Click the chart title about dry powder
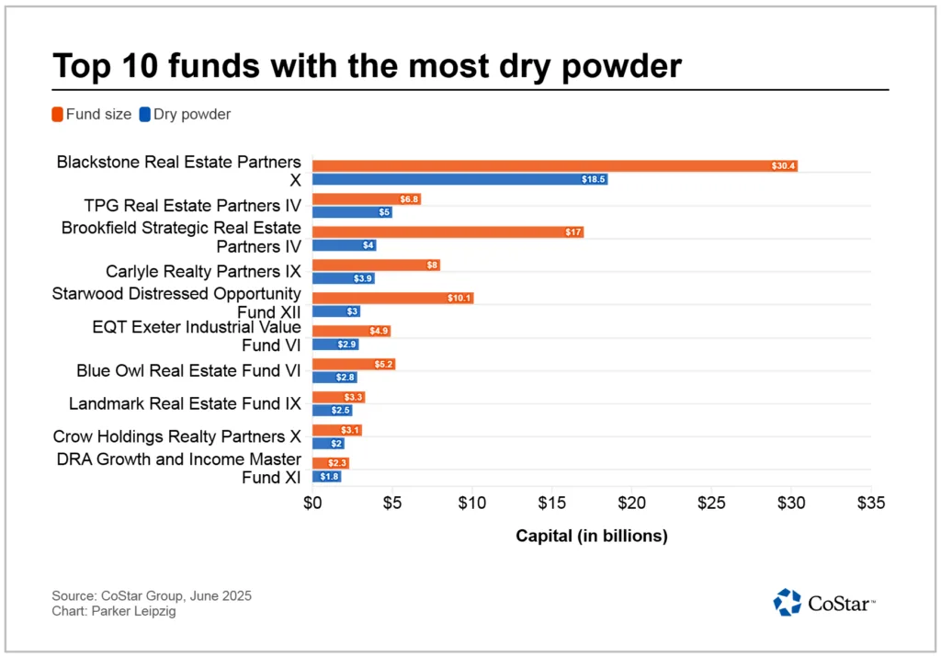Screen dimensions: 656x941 pyautogui.click(x=368, y=66)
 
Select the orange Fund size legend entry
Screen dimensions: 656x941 pyautogui.click(x=92, y=115)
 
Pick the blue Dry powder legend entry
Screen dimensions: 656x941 pyautogui.click(x=185, y=115)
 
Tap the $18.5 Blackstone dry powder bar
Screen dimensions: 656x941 pyautogui.click(x=459, y=179)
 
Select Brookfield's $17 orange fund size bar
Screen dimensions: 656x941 pyautogui.click(x=448, y=232)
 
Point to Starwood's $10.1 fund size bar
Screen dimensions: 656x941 pyautogui.click(x=392, y=298)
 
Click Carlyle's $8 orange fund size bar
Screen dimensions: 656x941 pyautogui.click(x=376, y=265)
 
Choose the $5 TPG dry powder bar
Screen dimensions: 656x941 pyautogui.click(x=352, y=212)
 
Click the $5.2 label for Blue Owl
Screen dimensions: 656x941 pyautogui.click(x=383, y=365)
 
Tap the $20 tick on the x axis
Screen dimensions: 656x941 pyautogui.click(x=631, y=503)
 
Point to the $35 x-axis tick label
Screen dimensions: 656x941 pyautogui.click(x=870, y=503)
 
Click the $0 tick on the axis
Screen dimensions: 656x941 pyautogui.click(x=312, y=503)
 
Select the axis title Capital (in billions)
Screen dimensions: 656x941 pyautogui.click(x=591, y=536)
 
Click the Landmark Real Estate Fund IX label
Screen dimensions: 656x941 pyautogui.click(x=185, y=404)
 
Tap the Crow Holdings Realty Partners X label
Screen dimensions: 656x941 pyautogui.click(x=177, y=437)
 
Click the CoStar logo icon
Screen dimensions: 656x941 pyautogui.click(x=788, y=602)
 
